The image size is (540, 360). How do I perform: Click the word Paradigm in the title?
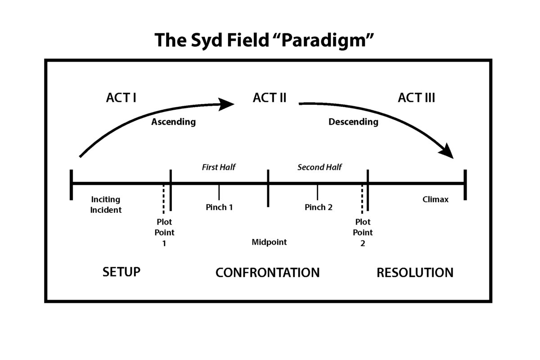(324, 40)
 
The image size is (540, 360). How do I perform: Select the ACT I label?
(121, 98)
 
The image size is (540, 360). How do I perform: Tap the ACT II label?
(270, 98)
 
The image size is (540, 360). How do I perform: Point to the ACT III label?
(416, 98)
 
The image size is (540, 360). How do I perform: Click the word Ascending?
(173, 122)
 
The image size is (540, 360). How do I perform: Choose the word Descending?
(353, 122)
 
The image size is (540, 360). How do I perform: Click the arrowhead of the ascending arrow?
(225, 104)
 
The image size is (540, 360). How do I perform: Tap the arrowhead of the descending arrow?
(447, 151)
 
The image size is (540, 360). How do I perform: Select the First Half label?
(219, 167)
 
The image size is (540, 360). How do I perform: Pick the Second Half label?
(319, 167)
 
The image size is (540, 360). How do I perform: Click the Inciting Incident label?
(106, 204)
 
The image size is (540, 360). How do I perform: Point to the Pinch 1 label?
(219, 207)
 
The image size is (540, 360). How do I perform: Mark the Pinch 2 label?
(319, 207)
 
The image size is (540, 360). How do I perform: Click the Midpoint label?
(269, 242)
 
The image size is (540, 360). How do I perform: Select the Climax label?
(436, 199)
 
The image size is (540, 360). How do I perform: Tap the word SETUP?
(121, 272)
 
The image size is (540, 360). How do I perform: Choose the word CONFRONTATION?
(267, 273)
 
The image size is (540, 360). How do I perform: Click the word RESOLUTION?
(415, 273)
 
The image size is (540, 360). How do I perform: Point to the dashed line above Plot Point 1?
(163, 199)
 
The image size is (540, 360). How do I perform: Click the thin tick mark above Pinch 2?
(317, 193)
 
